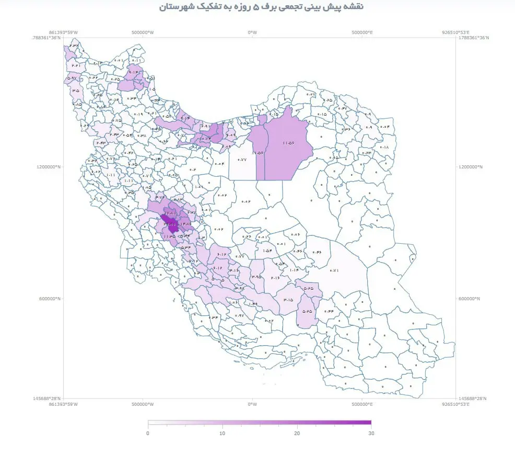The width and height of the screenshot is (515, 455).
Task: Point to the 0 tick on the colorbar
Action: point(148,433)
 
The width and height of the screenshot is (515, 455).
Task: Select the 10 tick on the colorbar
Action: point(222,433)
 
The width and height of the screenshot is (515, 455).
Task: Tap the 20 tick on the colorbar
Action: point(297,433)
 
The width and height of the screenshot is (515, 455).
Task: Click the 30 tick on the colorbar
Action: point(371,433)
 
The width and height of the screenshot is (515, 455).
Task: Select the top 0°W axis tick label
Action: point(252,32)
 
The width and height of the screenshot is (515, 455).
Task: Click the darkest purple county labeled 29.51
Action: point(170,224)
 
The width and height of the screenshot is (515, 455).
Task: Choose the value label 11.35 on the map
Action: point(169,236)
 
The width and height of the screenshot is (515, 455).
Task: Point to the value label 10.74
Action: point(204,139)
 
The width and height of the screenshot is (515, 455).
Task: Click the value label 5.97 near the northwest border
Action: point(71,78)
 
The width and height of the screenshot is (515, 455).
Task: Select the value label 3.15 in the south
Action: point(288,300)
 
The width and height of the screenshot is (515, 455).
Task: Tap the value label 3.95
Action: point(256,277)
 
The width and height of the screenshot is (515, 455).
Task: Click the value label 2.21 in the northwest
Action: point(76,65)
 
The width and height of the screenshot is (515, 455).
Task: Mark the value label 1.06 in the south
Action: point(233,302)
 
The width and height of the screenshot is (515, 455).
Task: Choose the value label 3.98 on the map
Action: point(239,288)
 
